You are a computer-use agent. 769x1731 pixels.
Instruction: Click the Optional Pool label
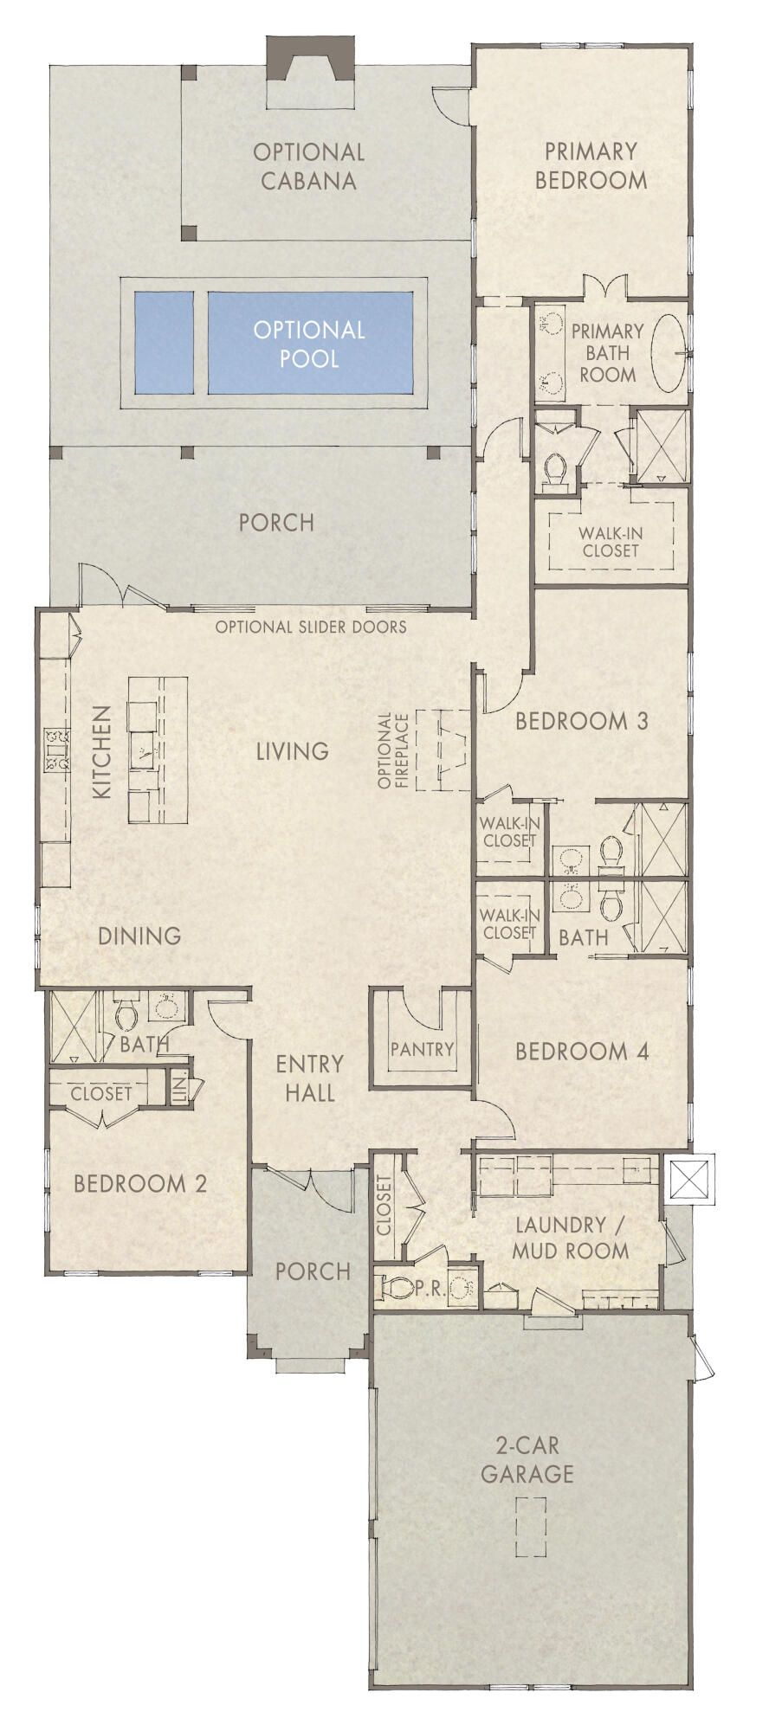point(309,344)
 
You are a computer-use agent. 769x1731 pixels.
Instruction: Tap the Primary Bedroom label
point(591,165)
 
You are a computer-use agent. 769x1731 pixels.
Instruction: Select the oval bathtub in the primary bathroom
point(668,353)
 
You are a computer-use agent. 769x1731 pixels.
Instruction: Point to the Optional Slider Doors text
point(310,627)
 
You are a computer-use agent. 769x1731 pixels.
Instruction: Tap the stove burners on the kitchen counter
point(57,750)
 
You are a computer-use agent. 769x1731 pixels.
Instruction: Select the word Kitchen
point(102,751)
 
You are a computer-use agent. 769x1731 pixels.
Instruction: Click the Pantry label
point(422,1049)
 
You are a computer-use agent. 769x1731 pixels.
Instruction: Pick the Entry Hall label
point(309,1078)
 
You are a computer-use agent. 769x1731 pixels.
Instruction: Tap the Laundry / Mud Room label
point(570,1238)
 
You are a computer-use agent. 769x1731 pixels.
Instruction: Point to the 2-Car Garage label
point(527,1459)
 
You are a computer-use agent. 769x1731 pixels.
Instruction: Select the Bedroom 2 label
point(140,1183)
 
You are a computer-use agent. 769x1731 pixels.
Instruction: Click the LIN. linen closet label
point(180,1087)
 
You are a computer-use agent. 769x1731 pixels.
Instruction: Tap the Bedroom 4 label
point(582,1052)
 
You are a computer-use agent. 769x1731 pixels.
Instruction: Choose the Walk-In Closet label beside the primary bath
point(611,543)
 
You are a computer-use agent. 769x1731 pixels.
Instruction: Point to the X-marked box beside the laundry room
point(689,1179)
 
